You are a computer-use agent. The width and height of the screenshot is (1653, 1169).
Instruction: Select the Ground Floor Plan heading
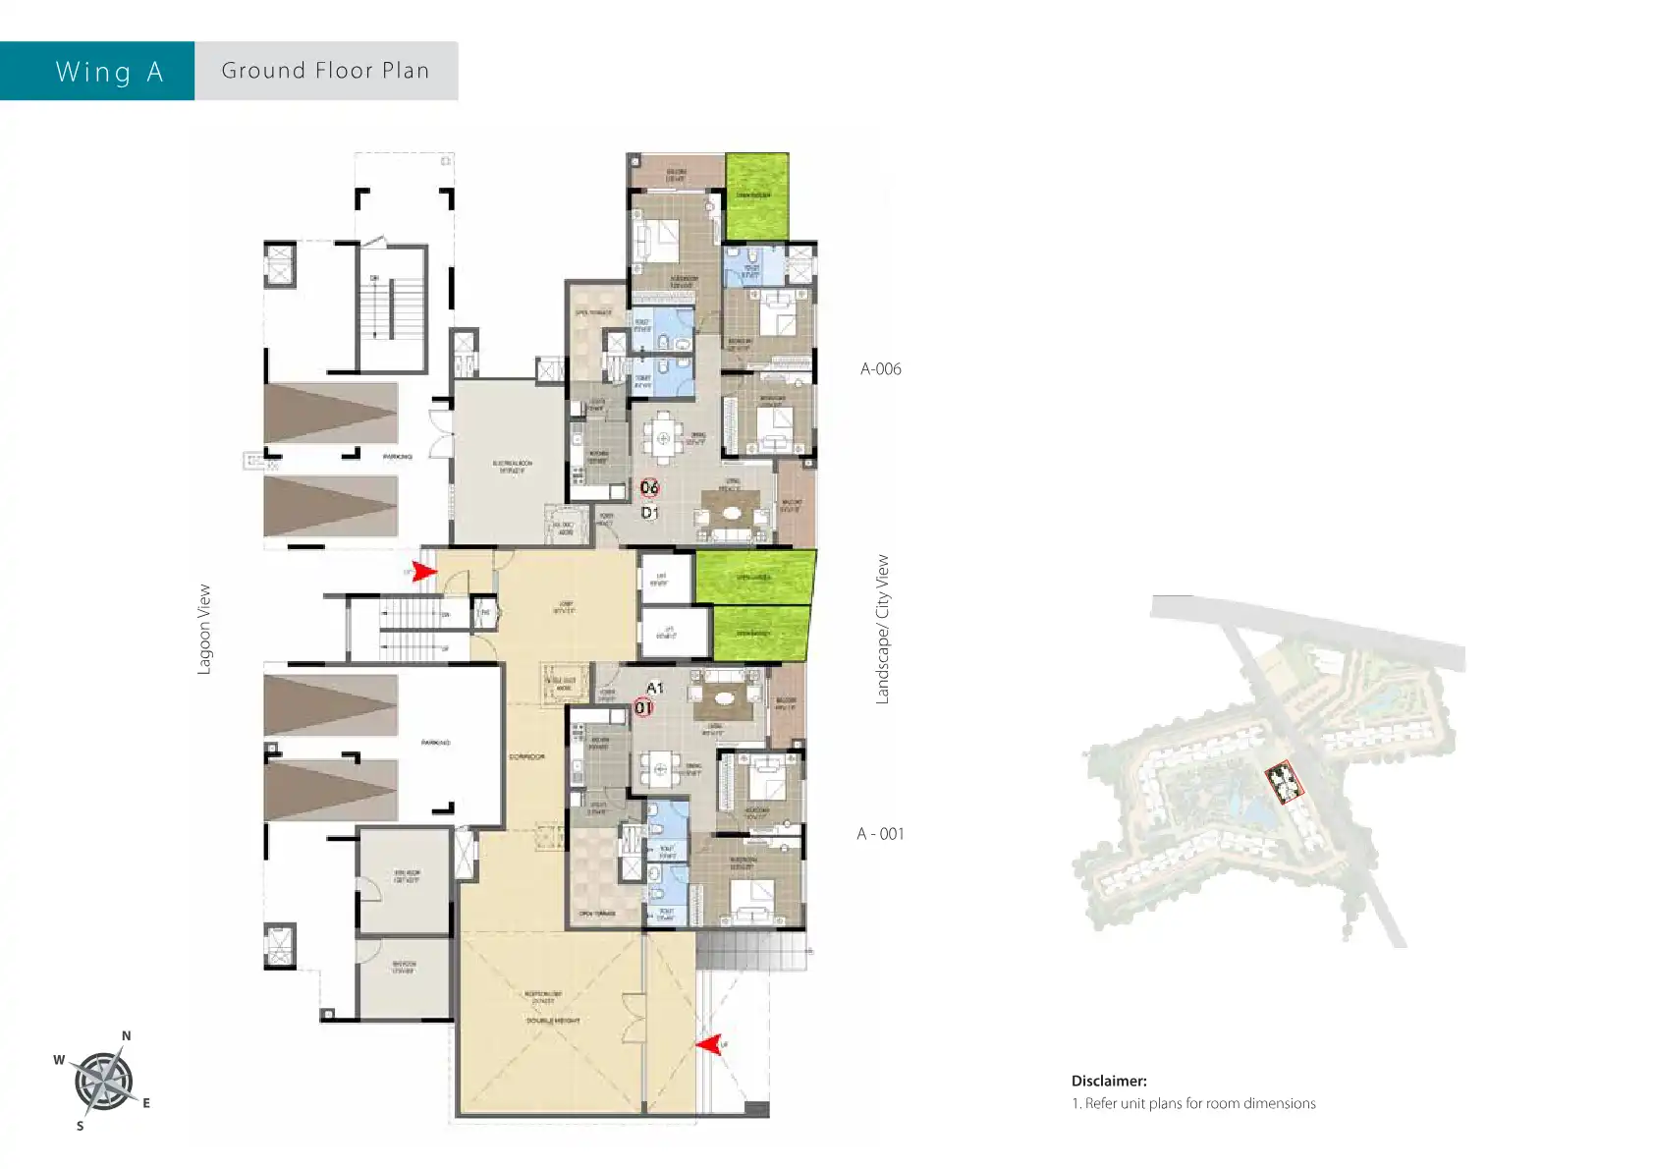(x=325, y=71)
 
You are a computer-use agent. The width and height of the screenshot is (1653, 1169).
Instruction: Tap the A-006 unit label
(x=880, y=369)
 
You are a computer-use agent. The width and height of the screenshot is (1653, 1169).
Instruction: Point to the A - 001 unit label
(x=880, y=834)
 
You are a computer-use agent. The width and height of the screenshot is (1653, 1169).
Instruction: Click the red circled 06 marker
(x=649, y=487)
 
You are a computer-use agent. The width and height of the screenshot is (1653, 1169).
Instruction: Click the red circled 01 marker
(x=643, y=706)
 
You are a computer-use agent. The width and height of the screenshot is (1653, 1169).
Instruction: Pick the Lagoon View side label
(x=204, y=630)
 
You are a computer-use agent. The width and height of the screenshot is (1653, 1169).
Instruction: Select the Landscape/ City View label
(x=882, y=630)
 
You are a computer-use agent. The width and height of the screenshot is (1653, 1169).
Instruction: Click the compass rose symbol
(x=103, y=1082)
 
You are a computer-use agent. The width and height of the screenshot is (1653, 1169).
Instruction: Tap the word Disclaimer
(x=1109, y=1081)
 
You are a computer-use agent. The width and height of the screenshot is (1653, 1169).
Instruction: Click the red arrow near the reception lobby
(x=709, y=1043)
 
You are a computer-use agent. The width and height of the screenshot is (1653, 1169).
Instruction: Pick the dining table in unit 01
(x=660, y=768)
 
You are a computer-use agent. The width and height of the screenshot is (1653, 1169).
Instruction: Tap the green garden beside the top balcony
(x=756, y=195)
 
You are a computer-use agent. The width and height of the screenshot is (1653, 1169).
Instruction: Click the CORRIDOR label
(x=527, y=756)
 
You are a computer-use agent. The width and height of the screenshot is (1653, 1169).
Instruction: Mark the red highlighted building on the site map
(x=1283, y=782)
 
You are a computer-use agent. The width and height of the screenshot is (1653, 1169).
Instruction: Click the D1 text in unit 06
(x=649, y=513)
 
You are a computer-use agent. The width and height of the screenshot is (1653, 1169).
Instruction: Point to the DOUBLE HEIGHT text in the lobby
(x=552, y=1021)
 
